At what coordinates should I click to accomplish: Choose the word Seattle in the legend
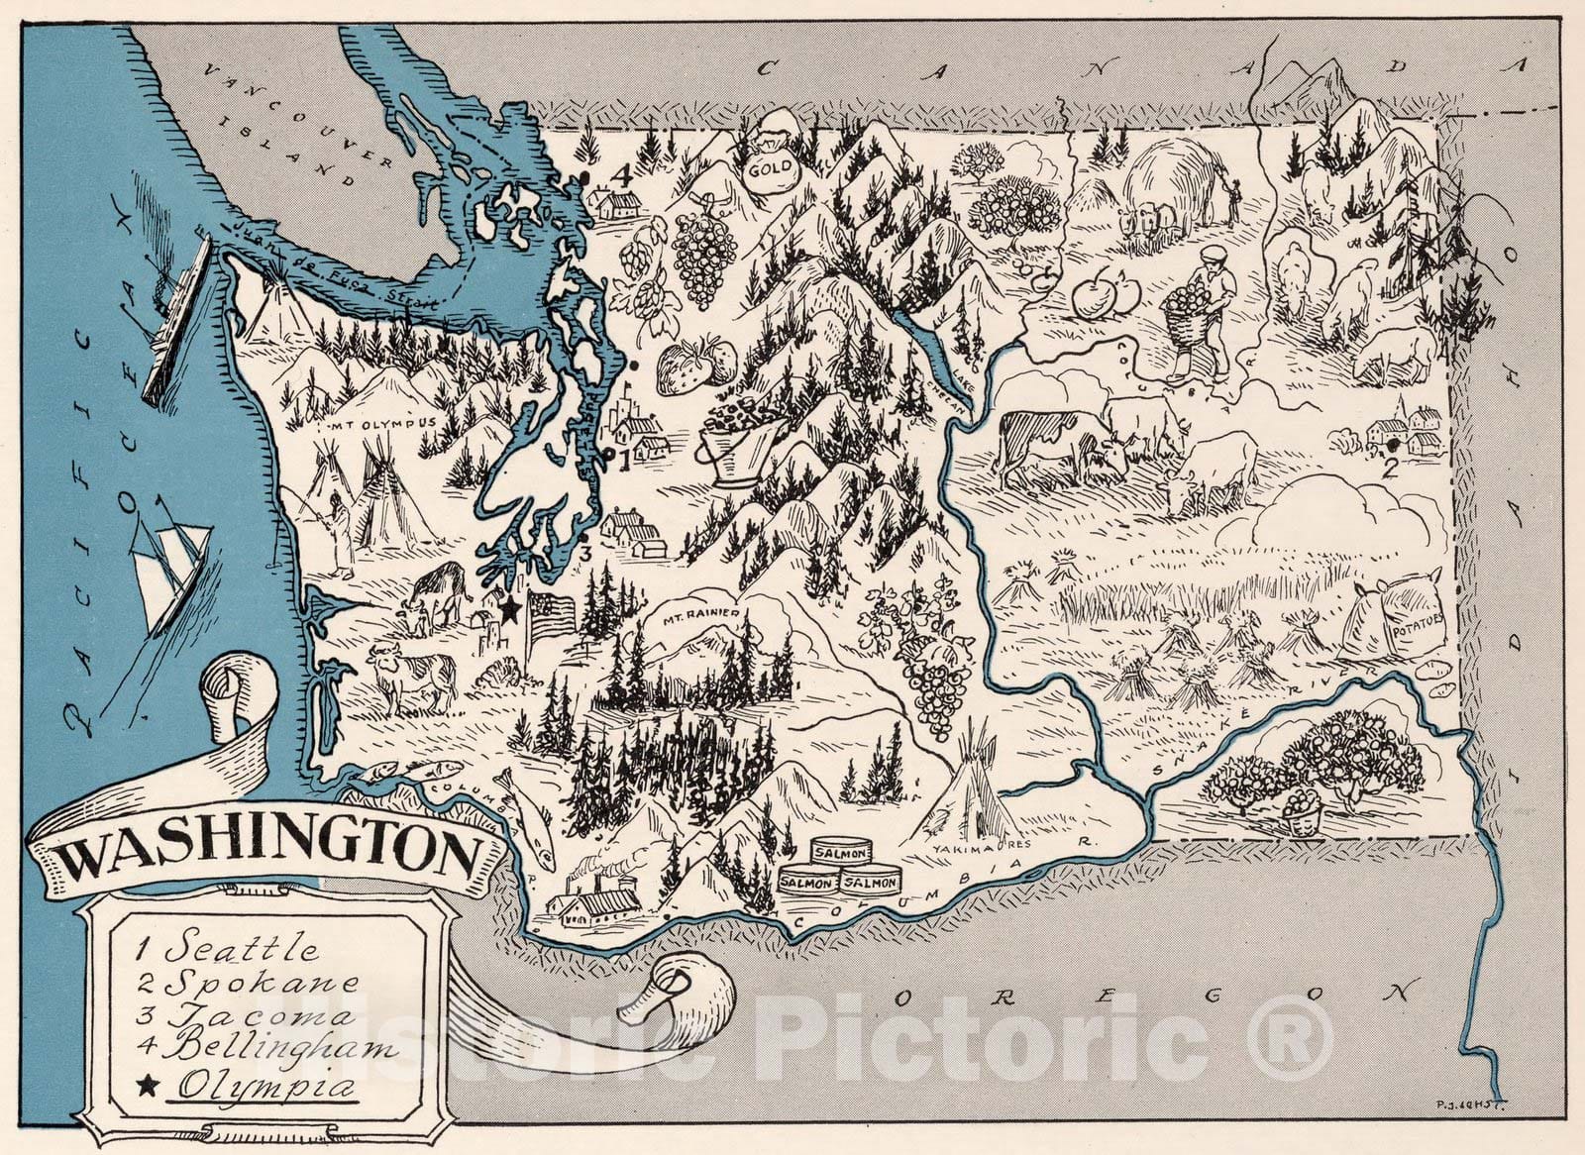coord(242,948)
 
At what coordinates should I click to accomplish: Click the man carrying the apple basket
coord(1202,312)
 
